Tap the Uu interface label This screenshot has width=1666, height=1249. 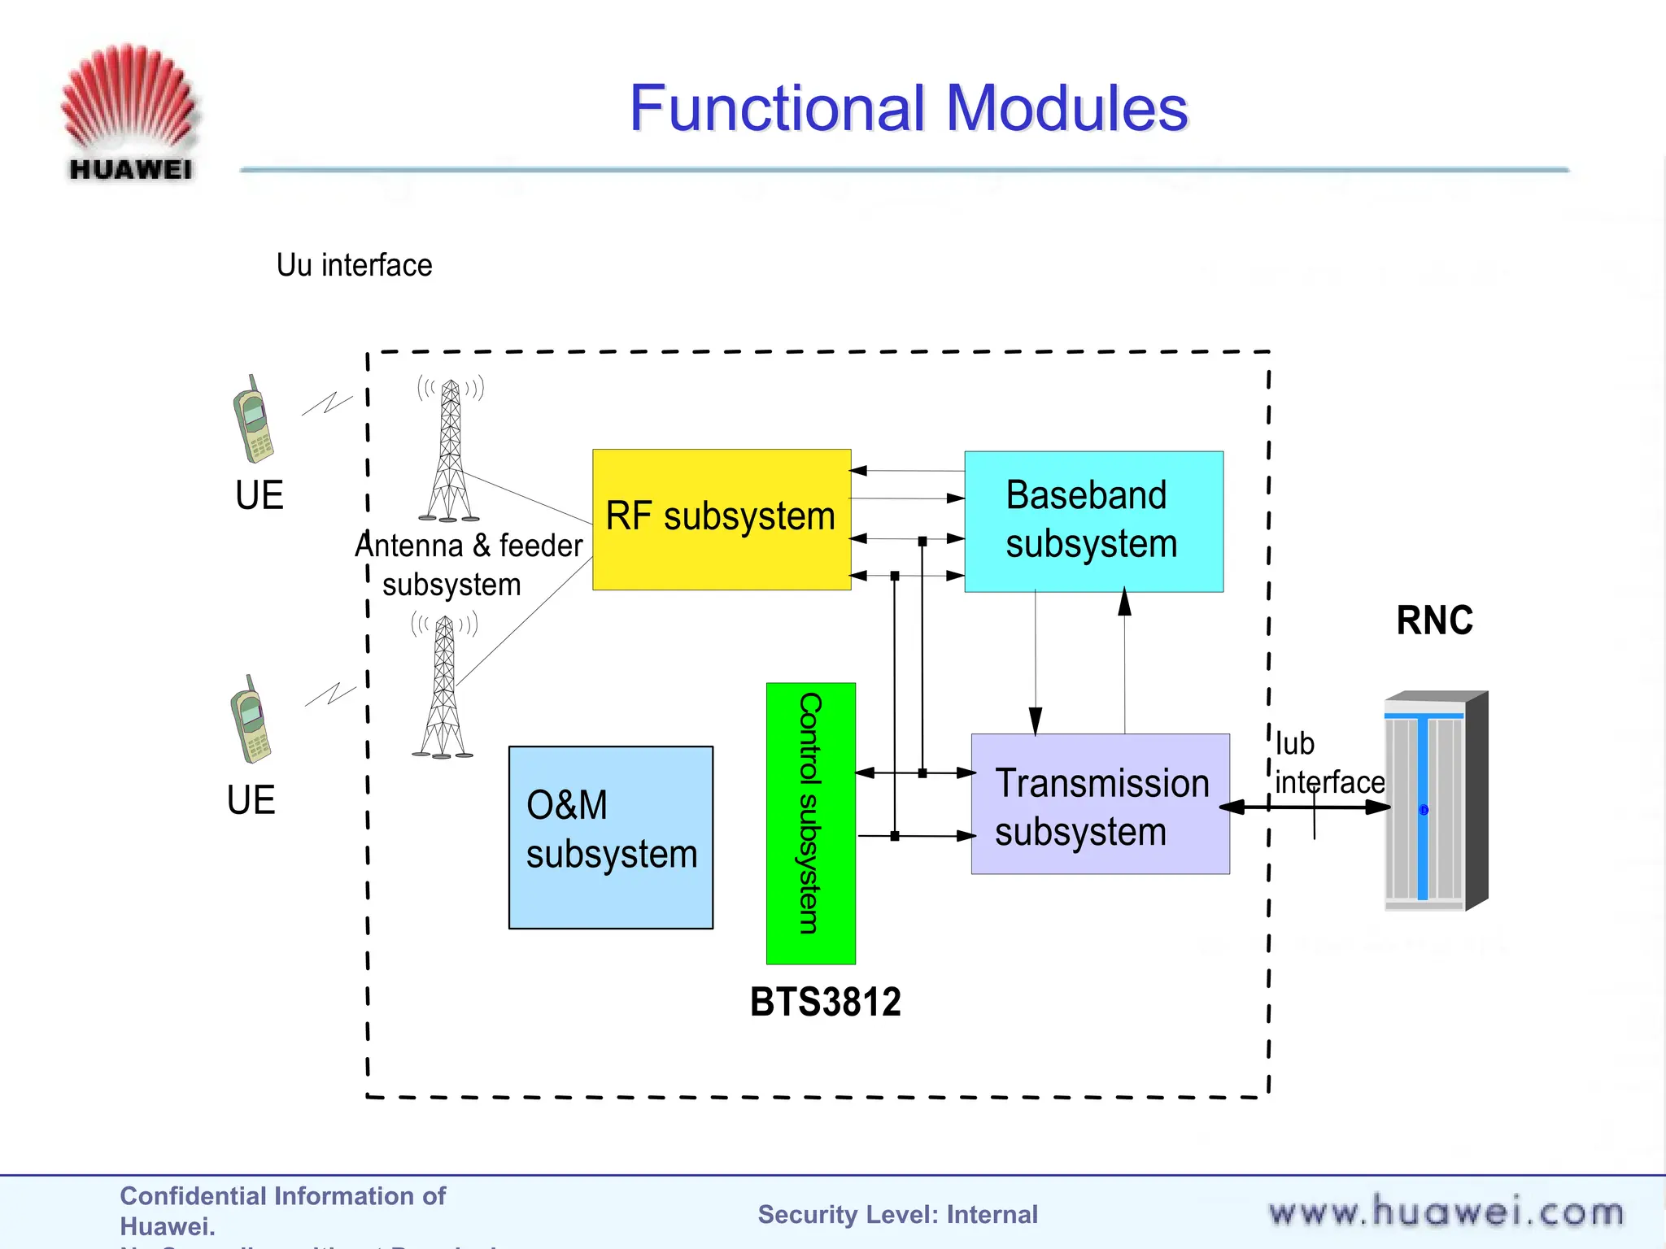354,265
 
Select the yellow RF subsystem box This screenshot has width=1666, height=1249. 721,519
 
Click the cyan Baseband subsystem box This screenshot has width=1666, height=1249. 1092,520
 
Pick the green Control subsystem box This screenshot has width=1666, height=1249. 810,822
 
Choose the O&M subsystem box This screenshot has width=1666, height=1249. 610,837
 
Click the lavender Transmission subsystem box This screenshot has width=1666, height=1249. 1100,803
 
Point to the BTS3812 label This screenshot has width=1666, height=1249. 825,1001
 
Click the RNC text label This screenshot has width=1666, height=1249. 1434,620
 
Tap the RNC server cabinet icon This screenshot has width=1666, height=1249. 1435,801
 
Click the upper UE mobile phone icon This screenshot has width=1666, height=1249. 253,419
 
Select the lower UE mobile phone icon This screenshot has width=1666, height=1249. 251,720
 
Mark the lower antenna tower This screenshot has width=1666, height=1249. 443,687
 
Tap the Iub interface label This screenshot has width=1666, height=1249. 1328,763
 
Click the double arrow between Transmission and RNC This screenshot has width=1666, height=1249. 1305,807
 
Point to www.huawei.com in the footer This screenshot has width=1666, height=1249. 1446,1212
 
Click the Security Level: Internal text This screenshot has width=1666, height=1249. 897,1214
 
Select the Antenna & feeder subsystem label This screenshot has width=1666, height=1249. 468,564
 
